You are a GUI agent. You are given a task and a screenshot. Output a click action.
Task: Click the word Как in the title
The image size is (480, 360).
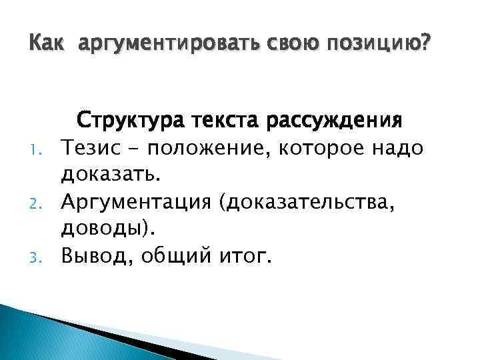47,45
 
